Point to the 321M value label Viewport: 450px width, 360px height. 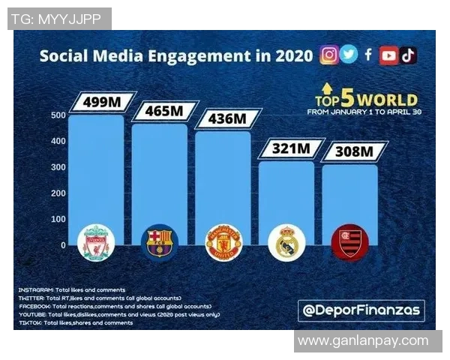point(290,148)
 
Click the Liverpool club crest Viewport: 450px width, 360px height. point(97,242)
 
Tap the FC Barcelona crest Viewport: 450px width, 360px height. point(160,242)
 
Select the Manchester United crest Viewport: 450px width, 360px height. point(223,242)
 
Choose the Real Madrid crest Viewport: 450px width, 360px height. point(286,242)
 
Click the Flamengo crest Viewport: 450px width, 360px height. point(350,242)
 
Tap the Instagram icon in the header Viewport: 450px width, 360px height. point(328,55)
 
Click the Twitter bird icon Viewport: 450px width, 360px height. point(349,55)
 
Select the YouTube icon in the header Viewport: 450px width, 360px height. point(388,55)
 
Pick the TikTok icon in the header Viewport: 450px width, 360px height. point(408,55)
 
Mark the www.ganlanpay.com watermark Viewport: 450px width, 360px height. point(363,341)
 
